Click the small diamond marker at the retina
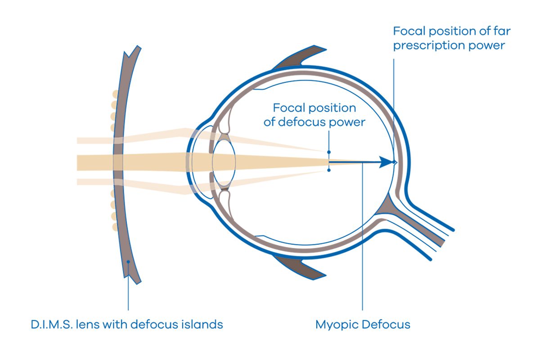(x=395, y=162)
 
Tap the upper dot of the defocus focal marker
(x=329, y=152)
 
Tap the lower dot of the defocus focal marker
(x=329, y=171)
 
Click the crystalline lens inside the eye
(x=224, y=162)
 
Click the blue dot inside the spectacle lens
(x=128, y=262)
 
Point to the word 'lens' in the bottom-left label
(x=92, y=324)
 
